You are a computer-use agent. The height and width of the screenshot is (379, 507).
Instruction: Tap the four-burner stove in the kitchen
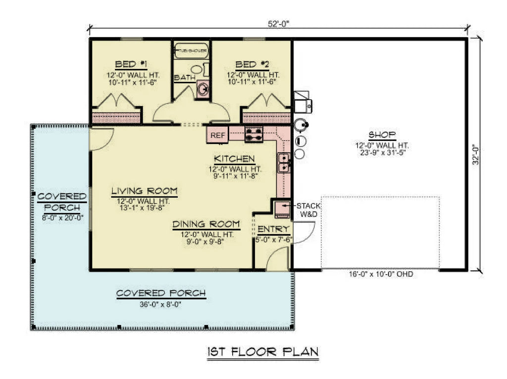pyautogui.click(x=254, y=134)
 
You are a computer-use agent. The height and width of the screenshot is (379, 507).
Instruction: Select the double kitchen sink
pyautogui.click(x=284, y=163)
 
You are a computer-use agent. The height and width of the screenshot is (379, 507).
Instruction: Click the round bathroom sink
pyautogui.click(x=203, y=89)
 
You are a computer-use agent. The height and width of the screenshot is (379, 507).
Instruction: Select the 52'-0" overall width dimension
pyautogui.click(x=278, y=22)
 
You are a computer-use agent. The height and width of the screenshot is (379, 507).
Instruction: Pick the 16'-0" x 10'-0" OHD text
pyautogui.click(x=380, y=274)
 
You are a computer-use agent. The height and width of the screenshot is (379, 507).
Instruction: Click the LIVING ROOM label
pyautogui.click(x=144, y=191)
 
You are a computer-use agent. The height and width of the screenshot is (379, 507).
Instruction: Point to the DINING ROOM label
pyautogui.click(x=206, y=224)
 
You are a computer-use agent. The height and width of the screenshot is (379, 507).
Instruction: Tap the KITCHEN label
pyautogui.click(x=234, y=159)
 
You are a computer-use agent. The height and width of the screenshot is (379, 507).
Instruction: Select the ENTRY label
pyautogui.click(x=273, y=229)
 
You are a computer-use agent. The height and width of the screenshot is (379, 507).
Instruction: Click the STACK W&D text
pyautogui.click(x=308, y=210)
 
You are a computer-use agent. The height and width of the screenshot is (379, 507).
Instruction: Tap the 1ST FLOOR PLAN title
pyautogui.click(x=262, y=352)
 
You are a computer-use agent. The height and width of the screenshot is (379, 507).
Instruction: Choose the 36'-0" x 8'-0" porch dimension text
pyautogui.click(x=161, y=305)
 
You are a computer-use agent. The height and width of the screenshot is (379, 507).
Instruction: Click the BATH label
pyautogui.click(x=184, y=77)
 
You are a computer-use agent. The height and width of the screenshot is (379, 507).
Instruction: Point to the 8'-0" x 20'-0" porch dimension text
pyautogui.click(x=62, y=217)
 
